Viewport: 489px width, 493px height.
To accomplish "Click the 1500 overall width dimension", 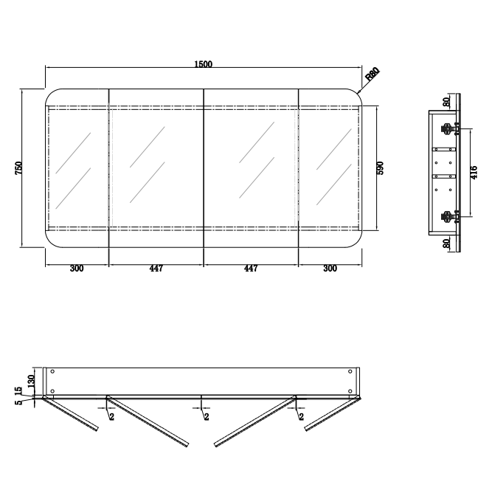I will [x=204, y=64].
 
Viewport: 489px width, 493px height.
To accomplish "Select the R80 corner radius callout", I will [x=372, y=74].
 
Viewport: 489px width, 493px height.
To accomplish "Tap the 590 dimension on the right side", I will [x=381, y=168].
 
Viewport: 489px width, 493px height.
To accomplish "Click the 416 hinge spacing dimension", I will [x=474, y=173].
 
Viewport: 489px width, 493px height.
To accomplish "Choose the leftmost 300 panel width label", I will [x=76, y=269].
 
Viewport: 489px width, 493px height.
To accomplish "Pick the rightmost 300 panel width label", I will [x=330, y=269].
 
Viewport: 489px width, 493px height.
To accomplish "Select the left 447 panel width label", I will [x=156, y=269].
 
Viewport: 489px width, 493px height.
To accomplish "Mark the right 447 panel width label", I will [x=251, y=269].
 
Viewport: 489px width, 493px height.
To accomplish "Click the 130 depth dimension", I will [x=31, y=380].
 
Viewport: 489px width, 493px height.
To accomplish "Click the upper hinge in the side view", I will [x=448, y=128].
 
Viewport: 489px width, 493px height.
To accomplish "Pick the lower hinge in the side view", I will [x=448, y=216].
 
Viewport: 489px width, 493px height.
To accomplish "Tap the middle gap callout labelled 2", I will [x=206, y=417].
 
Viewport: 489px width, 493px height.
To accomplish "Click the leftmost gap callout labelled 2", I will [x=111, y=417].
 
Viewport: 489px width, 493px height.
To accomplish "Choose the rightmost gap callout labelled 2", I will [x=302, y=417].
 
